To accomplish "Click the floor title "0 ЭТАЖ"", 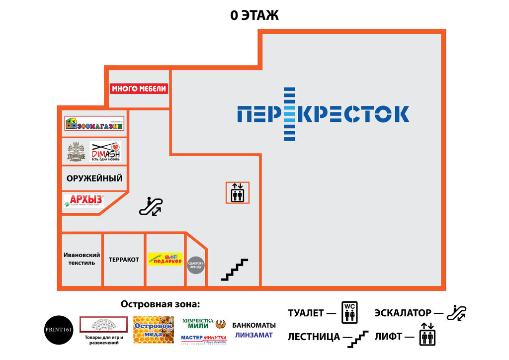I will [x=254, y=15].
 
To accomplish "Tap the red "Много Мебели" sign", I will [x=139, y=89].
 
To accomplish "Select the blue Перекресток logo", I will [x=323, y=114].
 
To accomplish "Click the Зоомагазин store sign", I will [x=94, y=123].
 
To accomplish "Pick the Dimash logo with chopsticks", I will [x=105, y=152].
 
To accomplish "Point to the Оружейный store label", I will [x=94, y=178].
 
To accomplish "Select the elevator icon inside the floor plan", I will [x=238, y=193].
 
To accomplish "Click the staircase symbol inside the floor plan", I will [x=235, y=270].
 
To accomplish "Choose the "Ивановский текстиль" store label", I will [x=82, y=259].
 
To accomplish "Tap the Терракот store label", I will [x=124, y=260].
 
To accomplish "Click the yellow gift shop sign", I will [x=165, y=259].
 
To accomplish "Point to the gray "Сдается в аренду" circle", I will [x=196, y=265].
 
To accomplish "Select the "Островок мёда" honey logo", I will [x=154, y=329].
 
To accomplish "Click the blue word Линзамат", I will [x=254, y=335].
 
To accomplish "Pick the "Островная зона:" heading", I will [x=160, y=304].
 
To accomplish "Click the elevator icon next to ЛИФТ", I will [x=427, y=336].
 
